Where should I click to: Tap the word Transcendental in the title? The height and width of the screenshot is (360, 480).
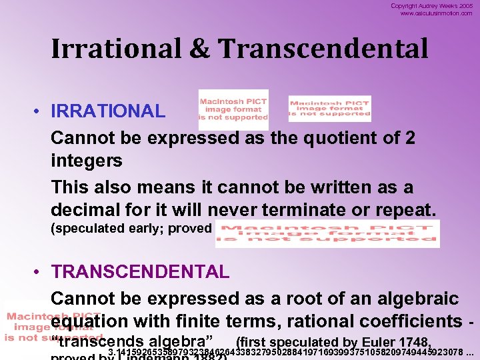323,49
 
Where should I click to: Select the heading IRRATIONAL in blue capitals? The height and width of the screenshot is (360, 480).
108,111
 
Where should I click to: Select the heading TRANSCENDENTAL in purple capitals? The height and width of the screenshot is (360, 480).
140,272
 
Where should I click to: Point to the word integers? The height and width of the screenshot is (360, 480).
86,161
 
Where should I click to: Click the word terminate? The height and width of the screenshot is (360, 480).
311,211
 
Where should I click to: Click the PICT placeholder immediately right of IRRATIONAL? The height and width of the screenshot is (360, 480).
233,109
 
